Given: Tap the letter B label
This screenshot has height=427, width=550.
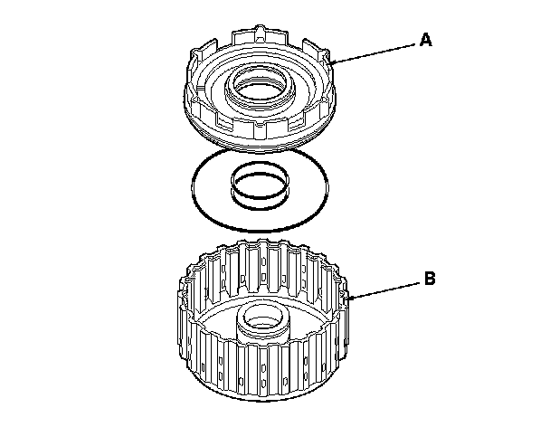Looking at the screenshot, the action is pos(430,280).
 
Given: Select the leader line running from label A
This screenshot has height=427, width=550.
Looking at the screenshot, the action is pos(375,51).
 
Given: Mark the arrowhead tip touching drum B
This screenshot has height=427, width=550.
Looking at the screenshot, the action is pos(349,298).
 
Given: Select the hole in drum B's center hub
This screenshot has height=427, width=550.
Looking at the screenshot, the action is pos(260,318).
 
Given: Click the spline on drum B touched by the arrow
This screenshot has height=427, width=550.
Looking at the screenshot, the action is pos(344,299).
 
